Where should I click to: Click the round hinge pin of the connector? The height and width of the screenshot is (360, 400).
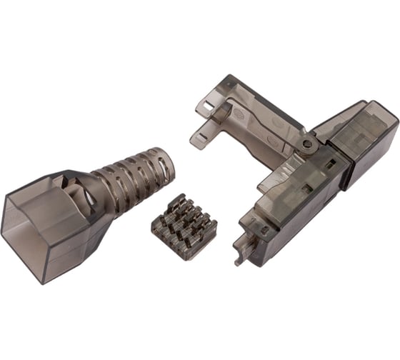click(x=307, y=144)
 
